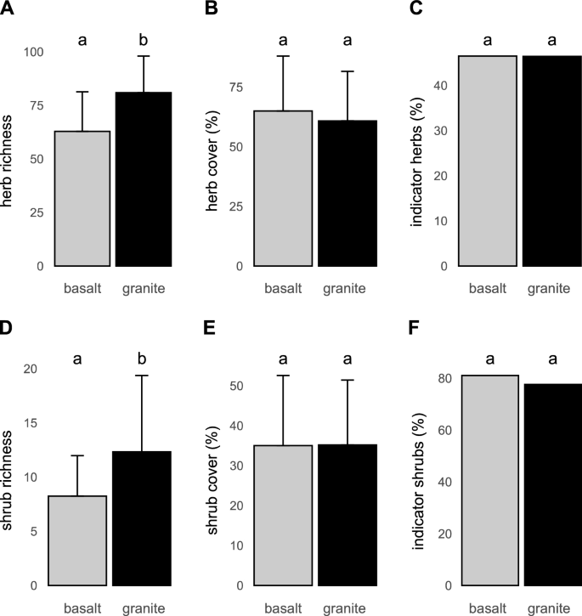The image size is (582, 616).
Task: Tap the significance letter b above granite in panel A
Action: coord(144,38)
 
